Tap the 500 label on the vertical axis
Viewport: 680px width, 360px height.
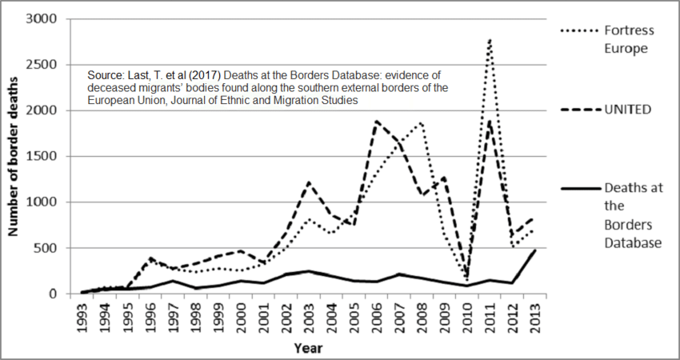click(x=48, y=248)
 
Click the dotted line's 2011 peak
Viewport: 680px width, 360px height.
click(x=489, y=39)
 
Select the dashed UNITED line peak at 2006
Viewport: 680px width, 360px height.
click(x=377, y=121)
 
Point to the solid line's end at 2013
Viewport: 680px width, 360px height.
click(x=534, y=250)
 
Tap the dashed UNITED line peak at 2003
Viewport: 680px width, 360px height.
click(x=310, y=182)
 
